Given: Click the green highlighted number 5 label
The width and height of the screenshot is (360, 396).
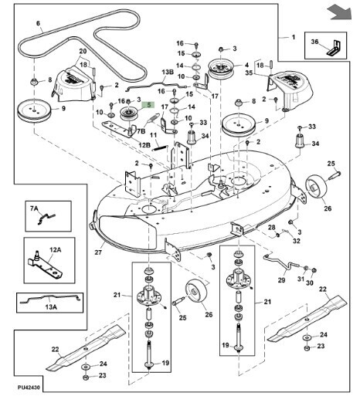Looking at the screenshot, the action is tap(148, 105).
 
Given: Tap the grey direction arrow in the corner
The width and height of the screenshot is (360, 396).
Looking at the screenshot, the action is tap(340, 12).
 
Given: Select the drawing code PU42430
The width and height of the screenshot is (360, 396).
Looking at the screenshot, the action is tap(29, 388).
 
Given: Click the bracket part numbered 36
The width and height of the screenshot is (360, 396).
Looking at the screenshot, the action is tap(334, 48).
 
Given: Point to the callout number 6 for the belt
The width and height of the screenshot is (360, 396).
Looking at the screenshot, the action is tap(38, 23).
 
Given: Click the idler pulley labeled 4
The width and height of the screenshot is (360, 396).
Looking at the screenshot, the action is tap(221, 69).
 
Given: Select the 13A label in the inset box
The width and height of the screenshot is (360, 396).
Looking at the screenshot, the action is tap(51, 306).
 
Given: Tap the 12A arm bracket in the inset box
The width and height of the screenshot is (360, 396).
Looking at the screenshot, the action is tap(45, 266).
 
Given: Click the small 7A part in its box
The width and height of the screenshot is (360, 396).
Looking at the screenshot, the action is tap(46, 218).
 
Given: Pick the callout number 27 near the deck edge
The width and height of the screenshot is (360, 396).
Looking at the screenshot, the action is tap(98, 252).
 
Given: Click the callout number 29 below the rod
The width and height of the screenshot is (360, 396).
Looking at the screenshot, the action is tap(281, 279).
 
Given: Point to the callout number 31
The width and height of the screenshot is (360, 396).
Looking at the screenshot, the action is tap(301, 279).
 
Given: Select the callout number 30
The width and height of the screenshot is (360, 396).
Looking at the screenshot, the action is tap(310, 283).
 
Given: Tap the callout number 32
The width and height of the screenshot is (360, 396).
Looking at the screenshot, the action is tap(297, 241).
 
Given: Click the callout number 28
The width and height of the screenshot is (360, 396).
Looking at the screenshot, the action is tap(272, 227).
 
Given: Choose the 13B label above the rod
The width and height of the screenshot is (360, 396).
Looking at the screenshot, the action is tap(168, 72).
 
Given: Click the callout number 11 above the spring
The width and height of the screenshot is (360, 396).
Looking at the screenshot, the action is tap(153, 135).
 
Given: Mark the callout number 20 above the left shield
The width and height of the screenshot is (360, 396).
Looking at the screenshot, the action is tap(83, 51).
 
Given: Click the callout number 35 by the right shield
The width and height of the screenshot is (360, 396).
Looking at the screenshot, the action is tap(249, 73).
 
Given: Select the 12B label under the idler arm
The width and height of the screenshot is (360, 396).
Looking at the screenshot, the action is tap(144, 145).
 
